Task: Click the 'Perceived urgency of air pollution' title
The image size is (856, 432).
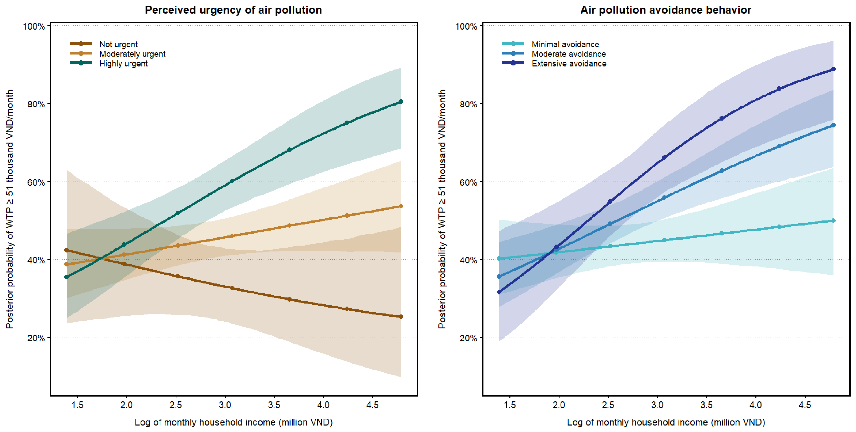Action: (x=233, y=10)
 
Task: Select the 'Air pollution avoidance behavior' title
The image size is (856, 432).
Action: (x=666, y=10)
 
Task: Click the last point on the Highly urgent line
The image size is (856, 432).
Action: (x=401, y=102)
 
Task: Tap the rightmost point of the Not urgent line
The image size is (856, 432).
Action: (x=401, y=317)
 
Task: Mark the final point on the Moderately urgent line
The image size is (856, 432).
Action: (x=401, y=206)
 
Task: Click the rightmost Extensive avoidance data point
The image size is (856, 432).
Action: (x=833, y=69)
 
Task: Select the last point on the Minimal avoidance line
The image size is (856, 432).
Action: (x=833, y=220)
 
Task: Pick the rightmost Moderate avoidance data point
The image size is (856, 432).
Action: (x=833, y=125)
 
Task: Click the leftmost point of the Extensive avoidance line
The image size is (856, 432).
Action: (x=499, y=292)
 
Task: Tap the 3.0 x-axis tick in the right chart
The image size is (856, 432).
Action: (x=657, y=405)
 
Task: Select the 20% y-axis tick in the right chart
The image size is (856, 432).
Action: (x=468, y=338)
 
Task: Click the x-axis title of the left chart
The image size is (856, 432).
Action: (x=234, y=422)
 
